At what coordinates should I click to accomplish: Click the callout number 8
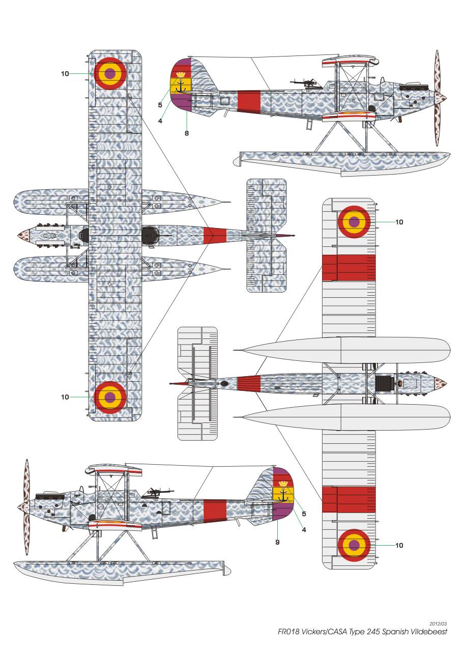[x=187, y=133]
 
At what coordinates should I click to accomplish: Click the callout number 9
[x=277, y=542]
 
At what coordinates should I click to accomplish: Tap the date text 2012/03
[x=438, y=623]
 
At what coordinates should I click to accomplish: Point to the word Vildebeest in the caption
[x=430, y=632]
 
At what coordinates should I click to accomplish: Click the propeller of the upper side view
[x=438, y=97]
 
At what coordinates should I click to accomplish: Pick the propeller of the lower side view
[x=26, y=507]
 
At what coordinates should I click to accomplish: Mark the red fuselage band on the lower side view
[x=214, y=512]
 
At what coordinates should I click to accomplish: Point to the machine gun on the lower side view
[x=159, y=492]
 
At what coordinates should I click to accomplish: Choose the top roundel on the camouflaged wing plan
[x=110, y=73]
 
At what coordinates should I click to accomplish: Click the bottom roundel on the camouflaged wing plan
[x=110, y=397]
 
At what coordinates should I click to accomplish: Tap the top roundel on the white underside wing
[x=354, y=221]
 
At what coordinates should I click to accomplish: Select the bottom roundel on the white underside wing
[x=354, y=545]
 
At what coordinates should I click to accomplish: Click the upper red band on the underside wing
[x=349, y=268]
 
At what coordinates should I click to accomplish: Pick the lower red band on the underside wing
[x=349, y=499]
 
